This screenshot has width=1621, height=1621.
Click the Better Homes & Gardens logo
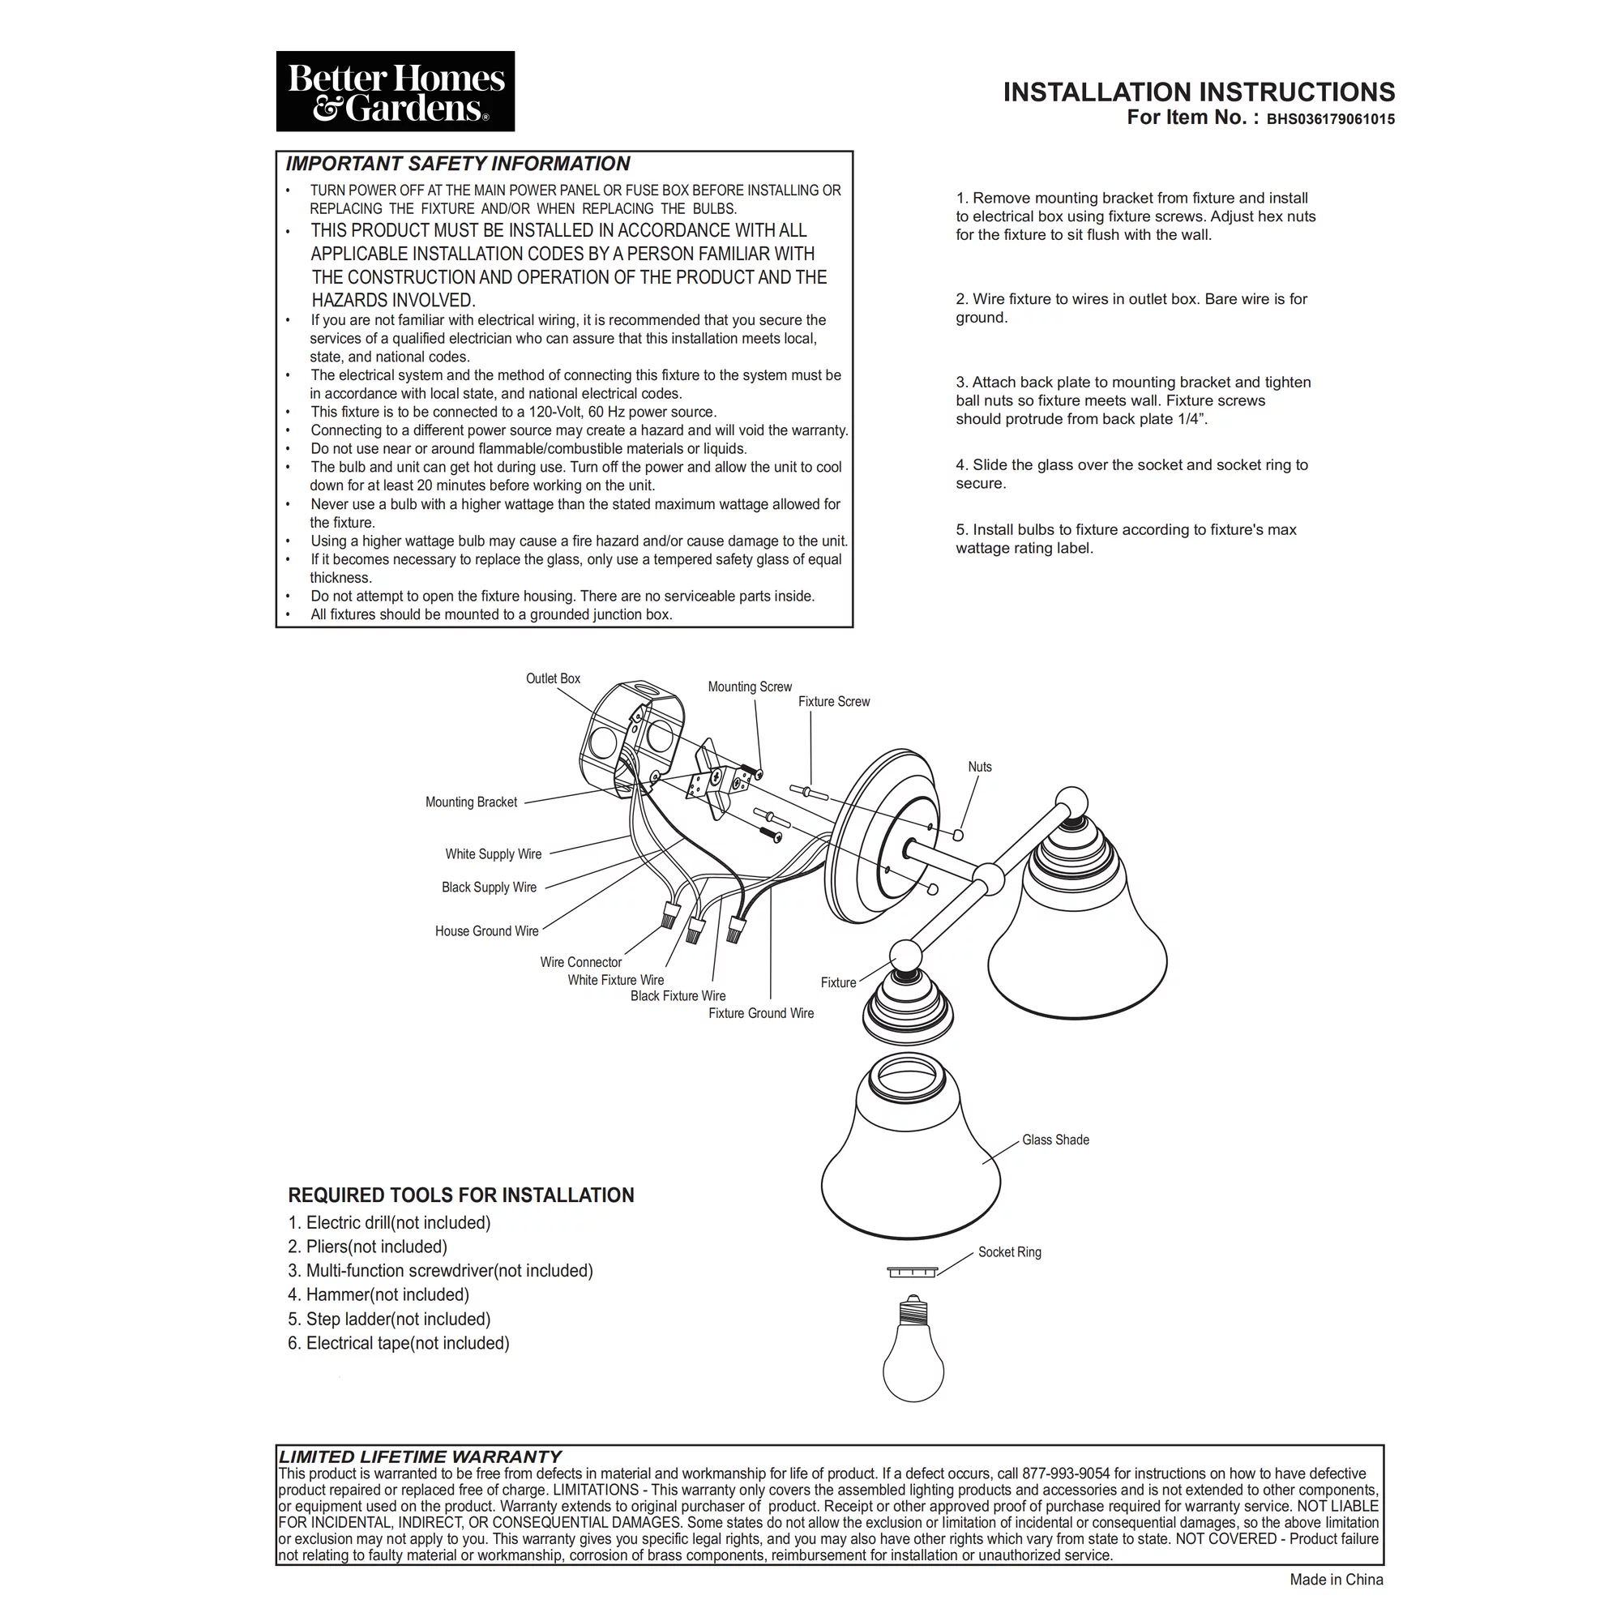396,92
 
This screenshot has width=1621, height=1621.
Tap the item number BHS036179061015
1330,119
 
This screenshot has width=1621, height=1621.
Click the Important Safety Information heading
457,164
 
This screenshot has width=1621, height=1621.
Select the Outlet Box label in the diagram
553,678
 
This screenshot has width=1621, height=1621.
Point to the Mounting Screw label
749,687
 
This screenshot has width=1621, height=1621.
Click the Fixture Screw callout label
834,701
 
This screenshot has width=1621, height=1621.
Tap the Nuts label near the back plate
979,767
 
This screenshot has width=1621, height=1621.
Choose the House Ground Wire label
486,931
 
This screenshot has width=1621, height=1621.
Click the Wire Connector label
580,962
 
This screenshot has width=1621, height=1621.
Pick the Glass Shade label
1055,1140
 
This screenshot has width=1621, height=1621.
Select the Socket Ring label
1009,1253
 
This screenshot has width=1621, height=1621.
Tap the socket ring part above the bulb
912,1272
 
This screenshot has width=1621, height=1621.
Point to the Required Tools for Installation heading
460,1195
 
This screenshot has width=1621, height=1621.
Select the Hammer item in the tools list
379,1295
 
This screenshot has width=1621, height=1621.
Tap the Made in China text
1336,1580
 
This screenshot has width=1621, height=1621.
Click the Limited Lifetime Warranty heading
420,1457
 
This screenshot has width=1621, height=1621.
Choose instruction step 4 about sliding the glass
1131,474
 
